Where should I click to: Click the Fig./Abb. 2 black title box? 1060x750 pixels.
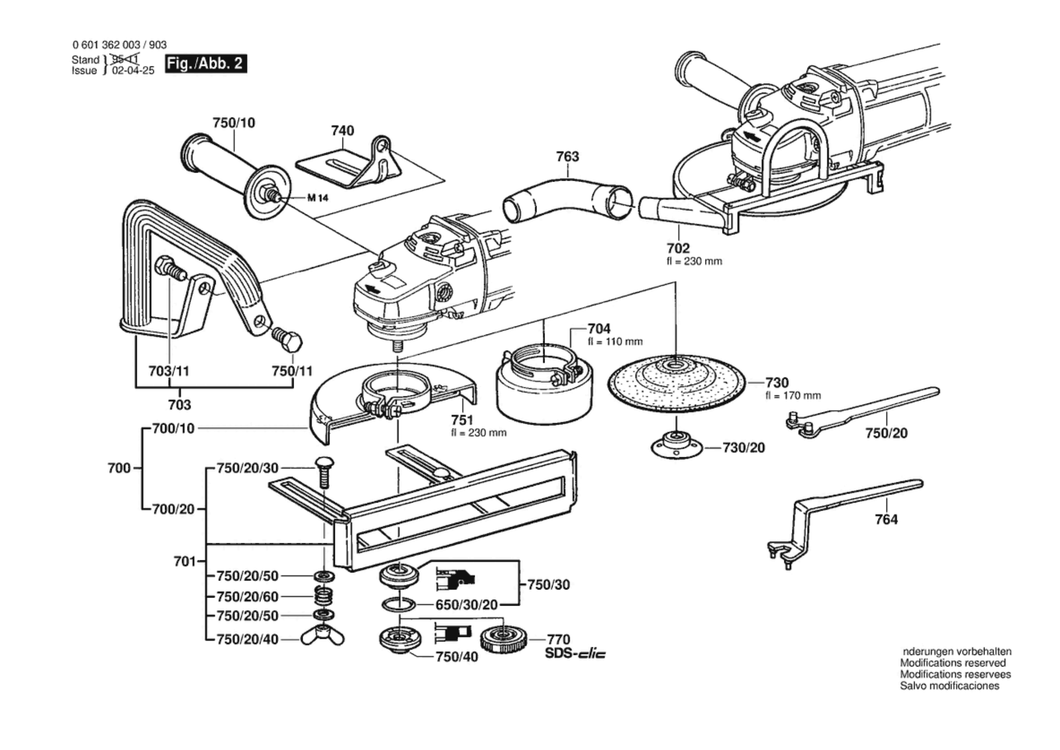(206, 64)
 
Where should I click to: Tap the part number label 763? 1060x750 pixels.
(567, 156)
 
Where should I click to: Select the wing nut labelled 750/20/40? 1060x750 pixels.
(323, 637)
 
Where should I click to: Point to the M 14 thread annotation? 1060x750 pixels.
(317, 198)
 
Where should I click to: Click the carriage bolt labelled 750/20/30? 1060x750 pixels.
(324, 472)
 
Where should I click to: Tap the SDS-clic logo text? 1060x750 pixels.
(575, 654)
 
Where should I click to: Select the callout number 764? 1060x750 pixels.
(886, 519)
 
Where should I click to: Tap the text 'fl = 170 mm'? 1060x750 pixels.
(793, 396)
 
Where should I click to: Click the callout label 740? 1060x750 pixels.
(342, 131)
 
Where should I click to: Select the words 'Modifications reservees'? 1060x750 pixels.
(955, 674)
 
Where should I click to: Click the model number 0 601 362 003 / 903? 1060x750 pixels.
(119, 45)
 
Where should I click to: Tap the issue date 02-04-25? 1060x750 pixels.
(133, 70)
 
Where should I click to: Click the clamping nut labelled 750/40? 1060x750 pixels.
(400, 639)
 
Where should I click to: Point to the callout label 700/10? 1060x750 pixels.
(173, 429)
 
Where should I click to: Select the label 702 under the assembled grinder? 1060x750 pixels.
(678, 248)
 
